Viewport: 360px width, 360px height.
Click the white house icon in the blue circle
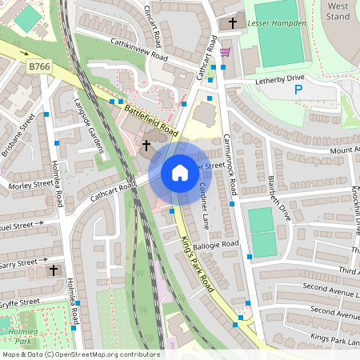pos(180,173)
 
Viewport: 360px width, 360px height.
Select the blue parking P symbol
pos(298,90)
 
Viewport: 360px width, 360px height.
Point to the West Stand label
pos(339,10)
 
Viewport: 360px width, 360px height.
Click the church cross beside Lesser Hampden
pos(233,23)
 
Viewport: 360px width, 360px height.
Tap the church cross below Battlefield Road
pos(146,146)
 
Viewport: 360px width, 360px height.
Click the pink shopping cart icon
pos(226,52)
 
